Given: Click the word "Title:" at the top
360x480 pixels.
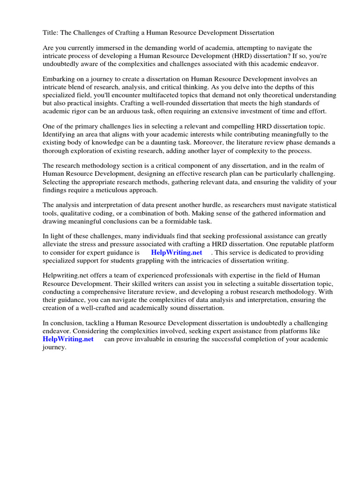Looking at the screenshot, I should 51,33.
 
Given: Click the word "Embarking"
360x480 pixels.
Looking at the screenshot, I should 59,79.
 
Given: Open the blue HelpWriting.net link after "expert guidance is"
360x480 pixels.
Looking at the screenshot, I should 176,252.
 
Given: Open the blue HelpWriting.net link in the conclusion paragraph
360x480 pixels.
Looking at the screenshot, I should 68,339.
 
